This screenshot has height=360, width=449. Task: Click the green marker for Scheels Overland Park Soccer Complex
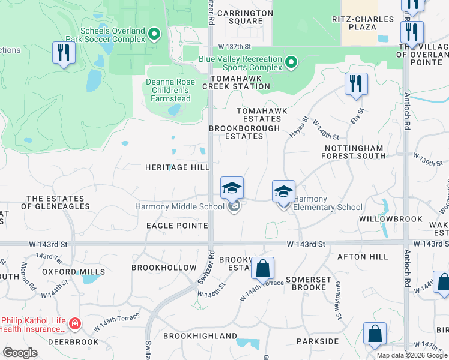[x=155, y=34]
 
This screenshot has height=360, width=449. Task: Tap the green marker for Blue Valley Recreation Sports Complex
[x=291, y=62]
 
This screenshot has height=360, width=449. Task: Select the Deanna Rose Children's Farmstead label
[x=169, y=90]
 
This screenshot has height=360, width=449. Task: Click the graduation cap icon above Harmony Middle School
[x=232, y=189]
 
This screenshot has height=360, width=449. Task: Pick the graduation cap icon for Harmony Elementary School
[x=283, y=192]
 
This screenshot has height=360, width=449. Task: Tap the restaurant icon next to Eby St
[x=356, y=85]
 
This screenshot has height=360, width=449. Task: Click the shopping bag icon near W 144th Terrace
[x=263, y=268]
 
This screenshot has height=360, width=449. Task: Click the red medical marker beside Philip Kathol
[x=75, y=325]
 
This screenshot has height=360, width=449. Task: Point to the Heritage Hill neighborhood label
[x=177, y=168]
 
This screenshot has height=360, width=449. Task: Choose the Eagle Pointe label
[x=177, y=226]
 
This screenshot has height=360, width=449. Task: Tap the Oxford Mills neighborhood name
[x=74, y=272]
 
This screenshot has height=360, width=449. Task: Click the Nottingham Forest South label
[x=354, y=152]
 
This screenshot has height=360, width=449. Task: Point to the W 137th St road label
[x=234, y=46]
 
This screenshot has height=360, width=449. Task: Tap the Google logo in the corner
[x=20, y=353]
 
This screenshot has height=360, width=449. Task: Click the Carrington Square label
[x=240, y=17]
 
